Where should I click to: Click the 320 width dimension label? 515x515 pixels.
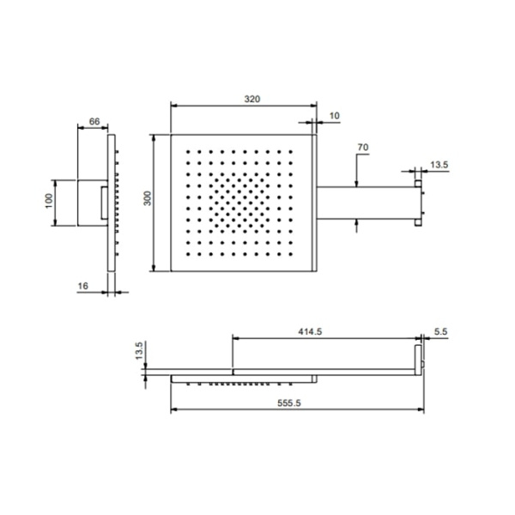(251, 99)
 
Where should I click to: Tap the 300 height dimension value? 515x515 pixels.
(148, 198)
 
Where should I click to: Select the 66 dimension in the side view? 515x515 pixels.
(94, 122)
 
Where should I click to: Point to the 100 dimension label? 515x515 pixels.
(49, 201)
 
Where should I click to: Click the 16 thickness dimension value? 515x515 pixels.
(83, 286)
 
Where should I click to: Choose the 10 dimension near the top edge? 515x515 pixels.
(334, 116)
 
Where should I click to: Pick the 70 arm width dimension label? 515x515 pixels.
(363, 147)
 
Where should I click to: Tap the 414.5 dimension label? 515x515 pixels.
(310, 331)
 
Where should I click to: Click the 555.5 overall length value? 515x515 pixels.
(288, 403)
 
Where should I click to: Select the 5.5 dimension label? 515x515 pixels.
(441, 331)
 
